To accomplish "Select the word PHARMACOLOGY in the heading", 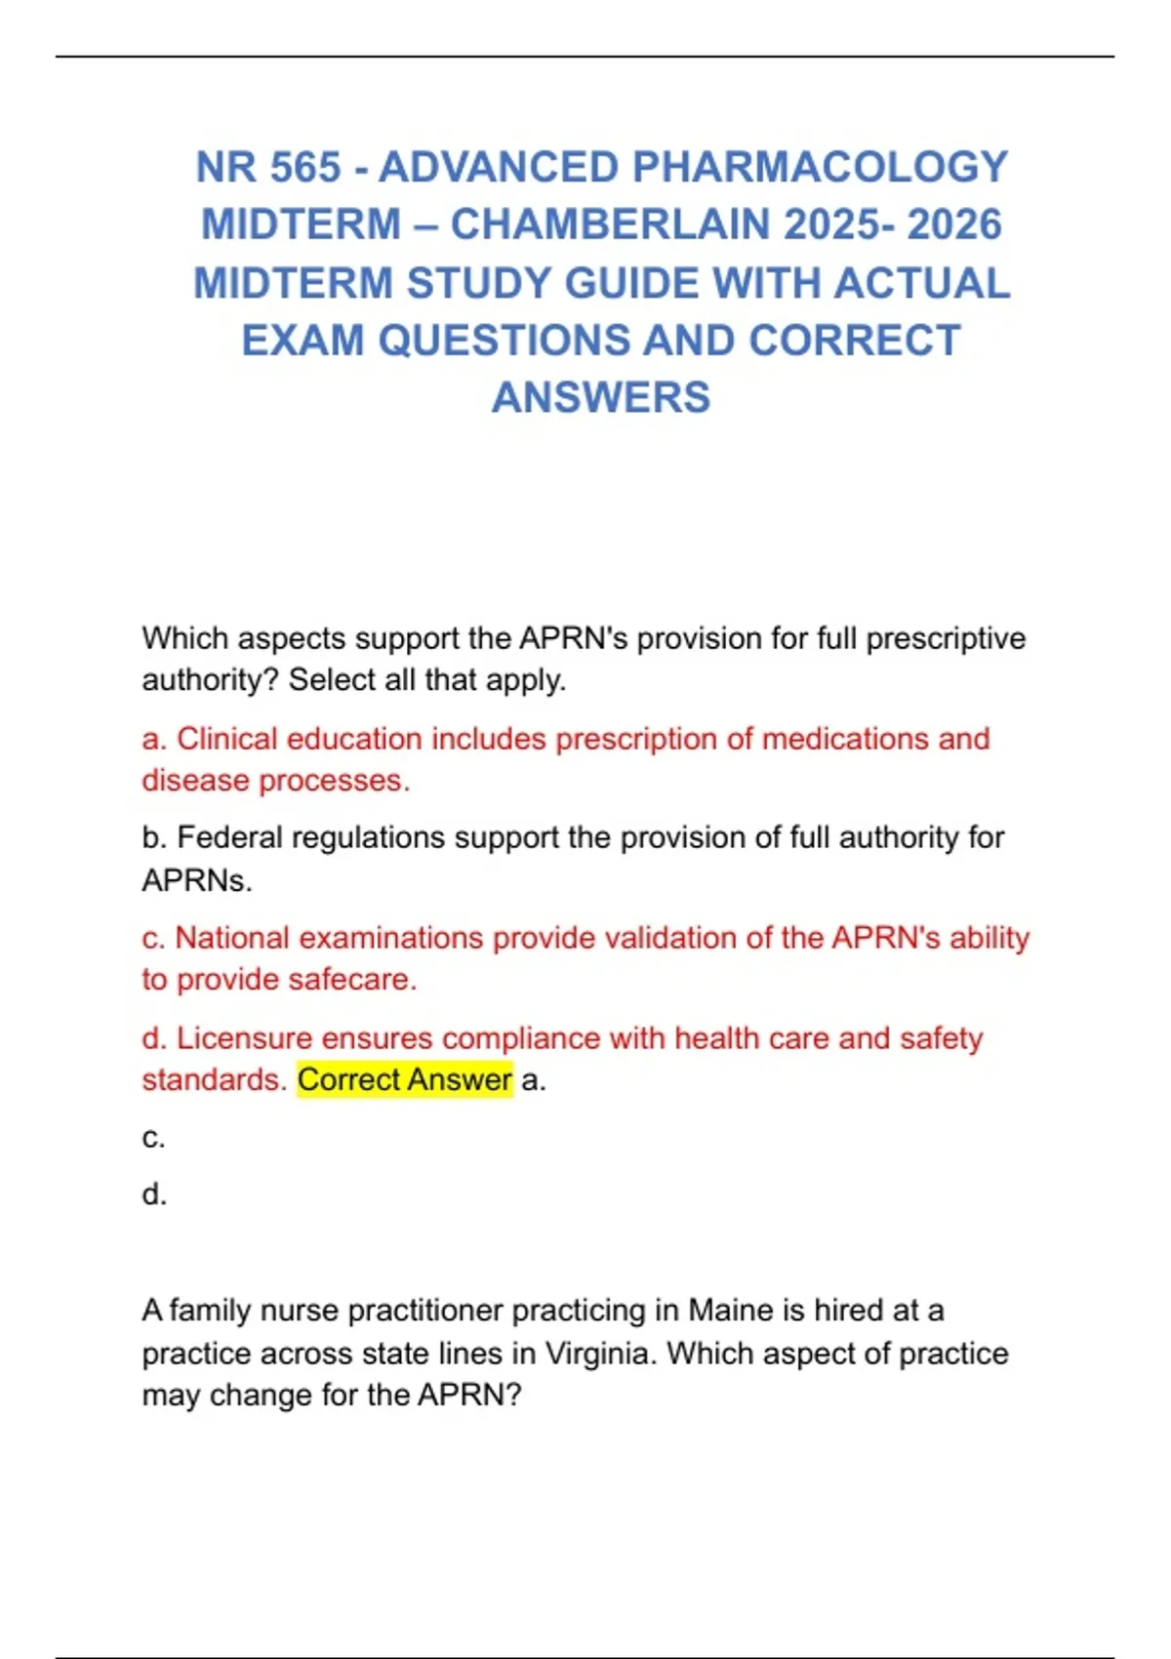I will pos(820,168).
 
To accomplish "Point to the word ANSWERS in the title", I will pos(601,398).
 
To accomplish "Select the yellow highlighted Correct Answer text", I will pos(404,1080).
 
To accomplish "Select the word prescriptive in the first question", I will pos(946,638).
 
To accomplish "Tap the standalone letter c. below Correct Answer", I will pos(153,1138).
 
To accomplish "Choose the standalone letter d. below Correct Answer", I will pos(154,1194).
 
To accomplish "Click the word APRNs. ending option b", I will pos(197,881).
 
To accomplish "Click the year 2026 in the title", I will pos(953,225).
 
